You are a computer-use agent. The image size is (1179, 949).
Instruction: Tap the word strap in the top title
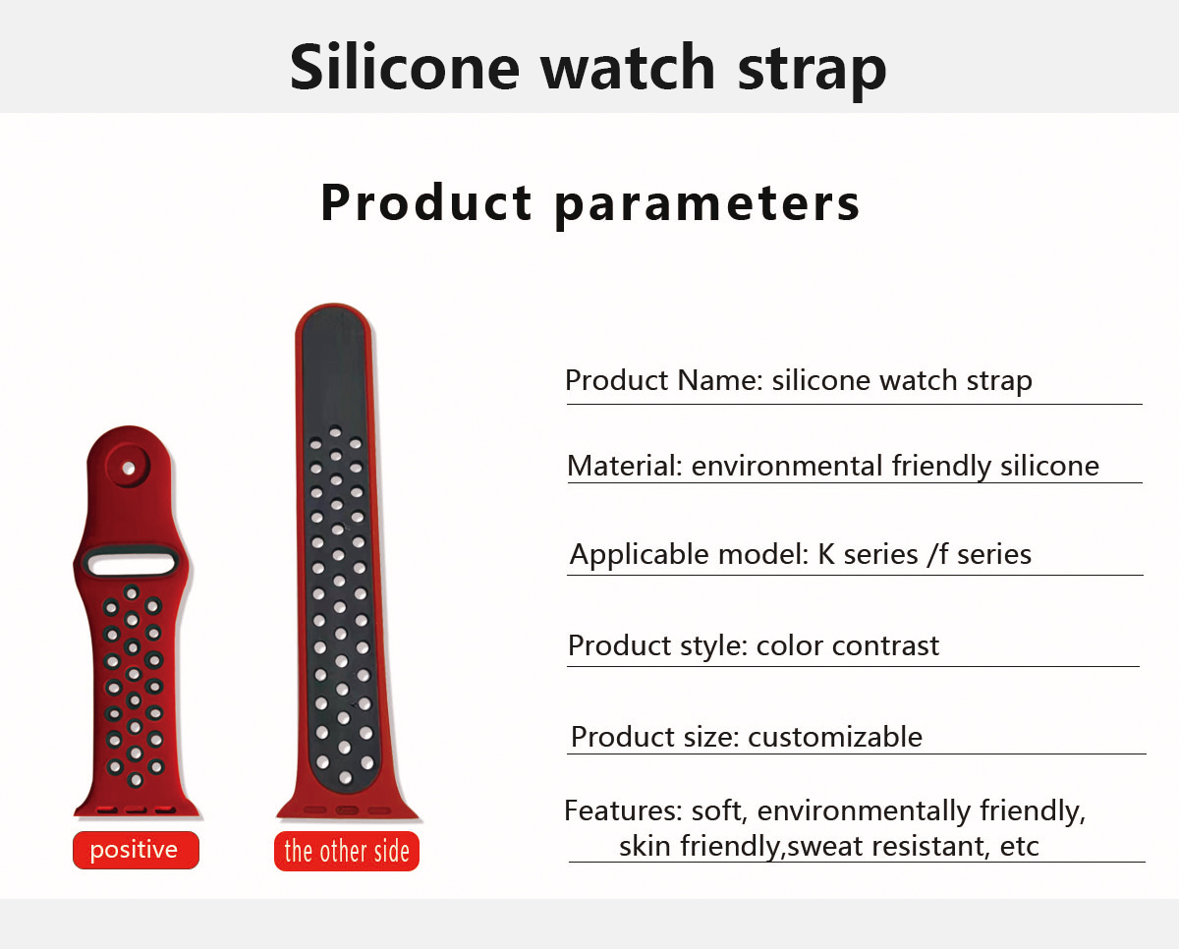point(812,73)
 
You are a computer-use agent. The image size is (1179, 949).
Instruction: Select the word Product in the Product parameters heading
point(425,202)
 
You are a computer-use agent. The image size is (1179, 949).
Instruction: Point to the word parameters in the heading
point(706,205)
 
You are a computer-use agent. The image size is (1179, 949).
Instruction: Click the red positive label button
point(136,850)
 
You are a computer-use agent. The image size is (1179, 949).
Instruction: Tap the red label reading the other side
point(346,852)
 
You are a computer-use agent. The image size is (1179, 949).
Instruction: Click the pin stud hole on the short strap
point(129,468)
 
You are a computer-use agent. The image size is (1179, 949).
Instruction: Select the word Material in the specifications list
point(625,466)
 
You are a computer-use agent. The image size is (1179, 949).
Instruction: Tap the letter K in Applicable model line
point(826,554)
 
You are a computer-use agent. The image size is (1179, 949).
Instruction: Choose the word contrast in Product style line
point(885,645)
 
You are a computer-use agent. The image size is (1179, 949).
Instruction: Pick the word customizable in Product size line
point(835,737)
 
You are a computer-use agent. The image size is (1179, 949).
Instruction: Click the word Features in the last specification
point(623,810)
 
